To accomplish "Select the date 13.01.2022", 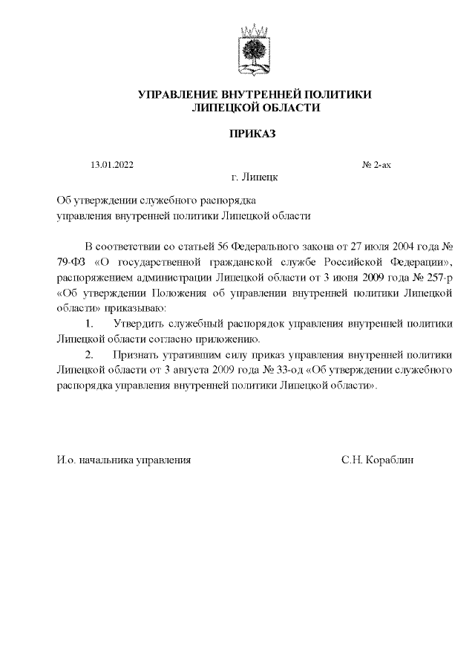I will [x=112, y=165].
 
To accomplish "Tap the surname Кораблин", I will [x=390, y=460].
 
